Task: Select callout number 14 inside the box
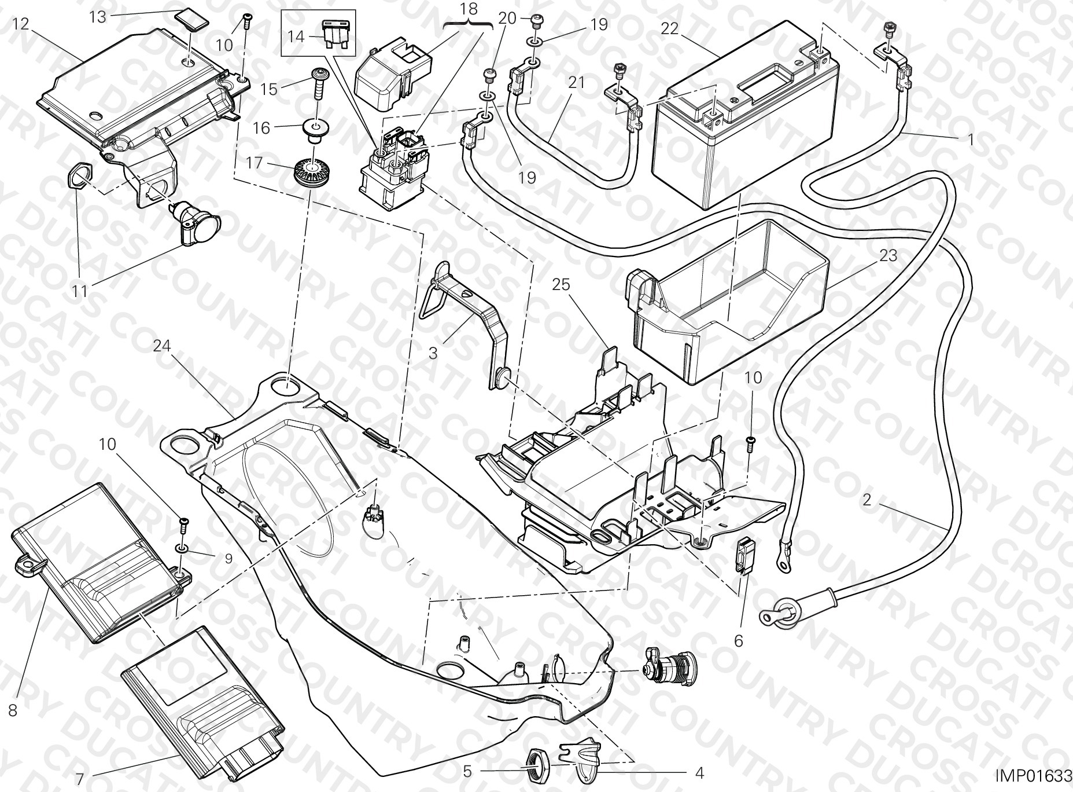click(296, 36)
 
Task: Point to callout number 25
click(561, 284)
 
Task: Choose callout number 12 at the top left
click(20, 24)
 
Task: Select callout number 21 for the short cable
click(576, 83)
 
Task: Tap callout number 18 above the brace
click(469, 9)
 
